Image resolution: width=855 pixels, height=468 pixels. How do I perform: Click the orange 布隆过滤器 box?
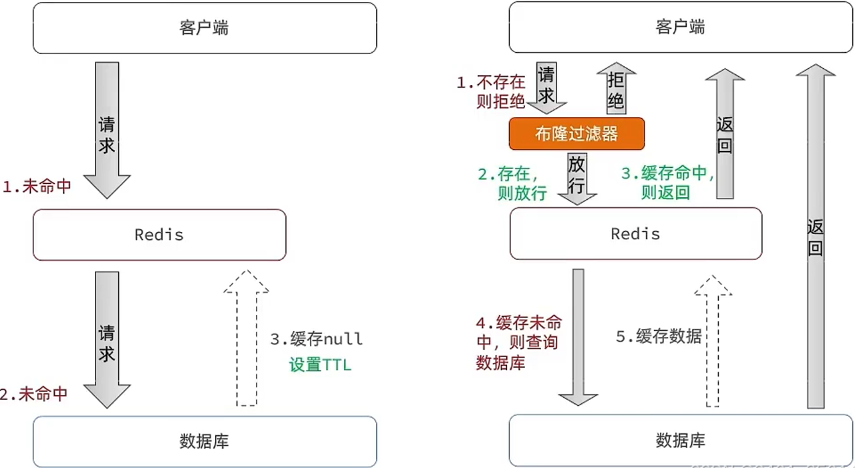pos(576,134)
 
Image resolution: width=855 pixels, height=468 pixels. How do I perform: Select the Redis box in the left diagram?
pos(159,235)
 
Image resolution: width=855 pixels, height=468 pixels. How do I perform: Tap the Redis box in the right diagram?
pos(635,233)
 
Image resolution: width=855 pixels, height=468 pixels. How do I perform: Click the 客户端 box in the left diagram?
pos(204,28)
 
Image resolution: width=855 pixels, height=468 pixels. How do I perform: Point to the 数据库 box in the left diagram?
pos(204,441)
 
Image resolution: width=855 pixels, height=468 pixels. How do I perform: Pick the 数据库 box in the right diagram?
pos(681,441)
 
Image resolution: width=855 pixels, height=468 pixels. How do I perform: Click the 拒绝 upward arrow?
pos(616,89)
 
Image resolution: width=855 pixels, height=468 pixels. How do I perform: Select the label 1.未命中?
pos(37,187)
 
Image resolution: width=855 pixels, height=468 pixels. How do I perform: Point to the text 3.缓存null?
pos(317,339)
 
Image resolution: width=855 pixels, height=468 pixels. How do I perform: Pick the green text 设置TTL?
pos(319,366)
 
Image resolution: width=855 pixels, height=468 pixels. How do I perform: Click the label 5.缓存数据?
pos(659,336)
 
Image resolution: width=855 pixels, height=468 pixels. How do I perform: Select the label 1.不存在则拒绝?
pos(491,93)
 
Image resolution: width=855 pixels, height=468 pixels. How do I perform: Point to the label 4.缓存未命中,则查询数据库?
pos(518,343)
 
